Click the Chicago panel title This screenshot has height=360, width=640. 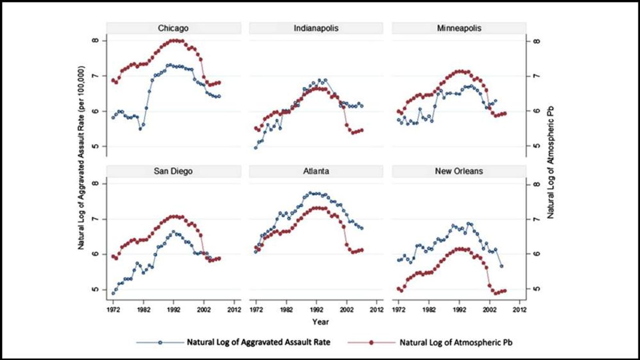click(x=173, y=28)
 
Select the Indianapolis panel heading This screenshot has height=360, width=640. click(x=316, y=28)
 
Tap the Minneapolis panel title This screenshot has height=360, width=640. click(x=459, y=28)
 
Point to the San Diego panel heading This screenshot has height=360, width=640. click(x=173, y=171)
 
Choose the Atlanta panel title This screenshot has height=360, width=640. click(x=316, y=171)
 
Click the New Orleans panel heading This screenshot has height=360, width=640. click(x=459, y=171)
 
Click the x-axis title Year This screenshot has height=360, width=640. click(x=320, y=322)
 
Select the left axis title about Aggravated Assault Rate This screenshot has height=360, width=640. click(x=81, y=158)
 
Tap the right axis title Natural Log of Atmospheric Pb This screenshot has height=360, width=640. click(x=551, y=162)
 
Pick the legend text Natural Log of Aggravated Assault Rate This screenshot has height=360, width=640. click(x=258, y=342)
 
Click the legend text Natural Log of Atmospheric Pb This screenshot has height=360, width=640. click(x=456, y=342)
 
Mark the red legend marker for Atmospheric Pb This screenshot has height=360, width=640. click(x=371, y=342)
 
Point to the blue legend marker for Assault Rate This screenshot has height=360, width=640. click(x=160, y=342)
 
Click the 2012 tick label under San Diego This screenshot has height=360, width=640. click(x=234, y=310)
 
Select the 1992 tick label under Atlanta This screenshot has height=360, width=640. click(x=316, y=310)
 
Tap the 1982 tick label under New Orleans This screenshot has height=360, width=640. click(x=429, y=310)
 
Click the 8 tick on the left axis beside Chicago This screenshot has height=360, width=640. click(x=94, y=41)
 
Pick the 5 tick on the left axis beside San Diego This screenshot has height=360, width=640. click(x=94, y=289)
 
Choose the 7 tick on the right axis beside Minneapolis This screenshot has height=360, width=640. click(x=537, y=76)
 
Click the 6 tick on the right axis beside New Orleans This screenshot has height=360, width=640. click(x=537, y=254)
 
